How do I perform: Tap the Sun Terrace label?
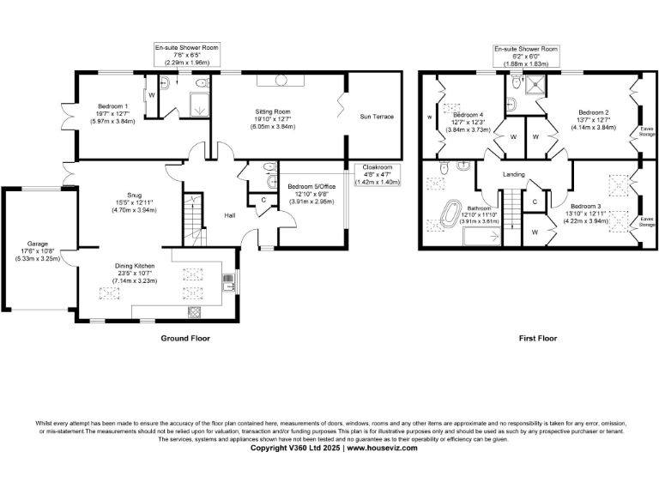coord(376,116)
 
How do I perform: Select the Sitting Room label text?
coord(274,111)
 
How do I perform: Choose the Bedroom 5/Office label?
coord(312,187)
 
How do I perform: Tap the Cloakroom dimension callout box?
coord(378,175)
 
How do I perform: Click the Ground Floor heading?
coord(185,338)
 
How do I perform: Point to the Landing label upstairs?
coord(514,174)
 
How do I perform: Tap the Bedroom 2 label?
coord(593,112)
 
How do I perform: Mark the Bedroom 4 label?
coord(468,115)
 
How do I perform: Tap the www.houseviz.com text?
coord(383,448)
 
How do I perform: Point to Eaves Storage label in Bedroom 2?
coord(647,130)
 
